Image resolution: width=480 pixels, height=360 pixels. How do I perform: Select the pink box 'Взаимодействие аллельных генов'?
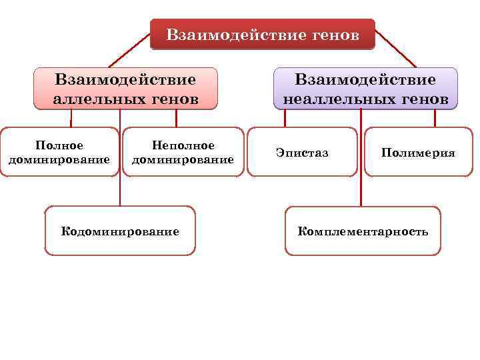coord(126,89)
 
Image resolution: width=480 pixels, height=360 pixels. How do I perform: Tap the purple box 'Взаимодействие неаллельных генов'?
coord(365,89)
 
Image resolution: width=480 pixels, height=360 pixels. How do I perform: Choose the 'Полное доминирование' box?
coord(59,152)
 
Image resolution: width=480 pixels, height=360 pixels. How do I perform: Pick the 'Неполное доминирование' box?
coord(183,152)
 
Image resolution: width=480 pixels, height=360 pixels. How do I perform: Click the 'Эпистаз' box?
coord(302,153)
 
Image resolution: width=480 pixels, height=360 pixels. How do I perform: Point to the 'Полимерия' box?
coord(418,153)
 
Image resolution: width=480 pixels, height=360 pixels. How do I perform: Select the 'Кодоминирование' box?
coord(120,231)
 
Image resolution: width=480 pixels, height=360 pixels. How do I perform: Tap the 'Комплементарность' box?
coord(363,231)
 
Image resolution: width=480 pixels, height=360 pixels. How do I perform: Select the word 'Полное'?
coord(59,145)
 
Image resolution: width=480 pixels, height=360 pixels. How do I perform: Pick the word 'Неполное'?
coord(183,145)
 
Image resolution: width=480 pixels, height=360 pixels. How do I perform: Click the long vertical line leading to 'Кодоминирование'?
coord(120,160)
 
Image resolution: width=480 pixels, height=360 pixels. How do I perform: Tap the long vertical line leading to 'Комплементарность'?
coord(361,160)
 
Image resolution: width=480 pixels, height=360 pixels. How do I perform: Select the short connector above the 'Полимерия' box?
coord(435,118)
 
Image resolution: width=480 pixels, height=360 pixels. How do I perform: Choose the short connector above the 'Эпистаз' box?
coord(285,118)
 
